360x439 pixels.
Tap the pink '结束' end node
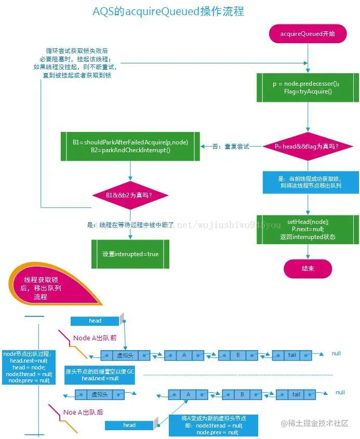[308, 268]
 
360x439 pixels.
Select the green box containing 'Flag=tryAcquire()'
[308, 87]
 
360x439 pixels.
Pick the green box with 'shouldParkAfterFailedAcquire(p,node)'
[130, 146]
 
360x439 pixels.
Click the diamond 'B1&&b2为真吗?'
[130, 195]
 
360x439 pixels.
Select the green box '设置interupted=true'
[130, 254]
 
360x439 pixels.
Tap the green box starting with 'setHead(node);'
[308, 229]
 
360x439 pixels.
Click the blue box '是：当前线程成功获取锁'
[308, 182]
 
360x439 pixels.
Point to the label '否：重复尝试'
[231, 147]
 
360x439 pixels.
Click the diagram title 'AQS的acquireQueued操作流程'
[168, 11]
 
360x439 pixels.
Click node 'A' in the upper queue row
[184, 355]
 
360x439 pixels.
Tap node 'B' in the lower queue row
[242, 394]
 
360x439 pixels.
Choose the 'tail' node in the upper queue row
[292, 355]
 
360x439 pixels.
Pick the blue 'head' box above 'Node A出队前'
[95, 321]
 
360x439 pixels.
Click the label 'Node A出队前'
[95, 338]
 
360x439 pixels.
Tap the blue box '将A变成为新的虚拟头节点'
[206, 425]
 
